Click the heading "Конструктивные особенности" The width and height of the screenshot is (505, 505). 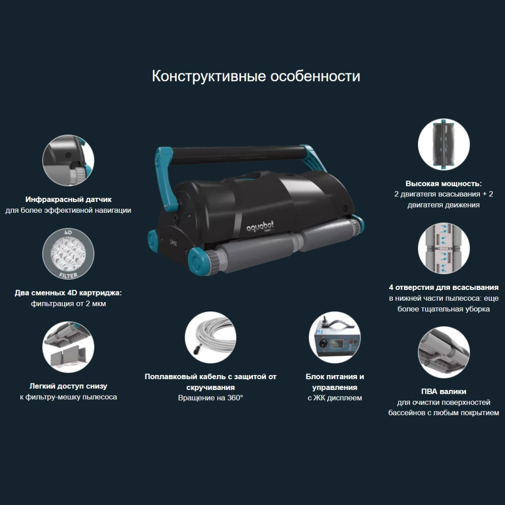point(256,76)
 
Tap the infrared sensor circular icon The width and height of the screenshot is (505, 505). point(68,160)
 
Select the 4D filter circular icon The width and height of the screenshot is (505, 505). point(68,254)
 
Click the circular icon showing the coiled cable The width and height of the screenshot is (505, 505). point(210,337)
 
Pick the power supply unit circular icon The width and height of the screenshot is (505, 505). point(335,337)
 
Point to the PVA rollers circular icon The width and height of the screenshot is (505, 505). point(444,352)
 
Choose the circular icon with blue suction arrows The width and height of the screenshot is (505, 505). point(444,248)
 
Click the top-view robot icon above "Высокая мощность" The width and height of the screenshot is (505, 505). point(444,144)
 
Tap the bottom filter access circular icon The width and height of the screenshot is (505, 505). point(68,347)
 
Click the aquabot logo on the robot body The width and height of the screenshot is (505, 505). point(260,226)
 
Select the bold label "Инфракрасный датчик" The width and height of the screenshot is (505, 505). point(68,199)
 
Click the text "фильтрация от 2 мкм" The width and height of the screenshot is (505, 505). point(68,304)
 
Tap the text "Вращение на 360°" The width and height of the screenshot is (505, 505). point(210,398)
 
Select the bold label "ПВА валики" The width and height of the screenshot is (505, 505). point(444,391)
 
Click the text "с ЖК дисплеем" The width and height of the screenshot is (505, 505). point(335,398)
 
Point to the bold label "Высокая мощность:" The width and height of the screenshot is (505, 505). point(444,184)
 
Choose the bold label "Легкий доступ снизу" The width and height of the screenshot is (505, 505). point(68,386)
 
